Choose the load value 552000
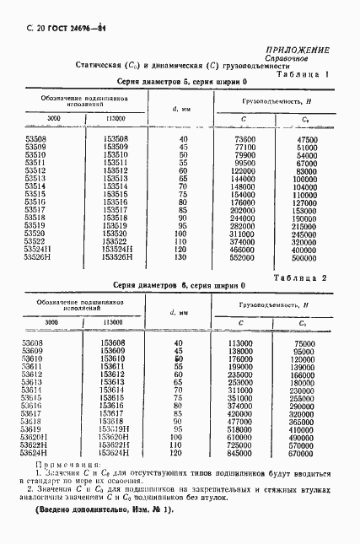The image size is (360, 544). tap(241, 257)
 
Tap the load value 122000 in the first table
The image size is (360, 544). tap(241, 170)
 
